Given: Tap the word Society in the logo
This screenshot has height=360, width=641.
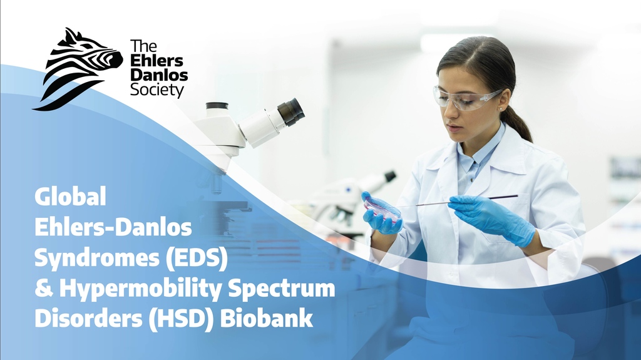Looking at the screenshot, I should (157, 91).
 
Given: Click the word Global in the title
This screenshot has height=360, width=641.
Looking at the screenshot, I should (70, 198).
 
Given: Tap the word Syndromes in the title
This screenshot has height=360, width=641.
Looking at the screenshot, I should (90, 259).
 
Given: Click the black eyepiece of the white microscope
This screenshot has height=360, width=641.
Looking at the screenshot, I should (292, 111).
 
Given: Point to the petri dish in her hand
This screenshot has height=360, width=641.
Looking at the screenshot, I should (382, 208).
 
